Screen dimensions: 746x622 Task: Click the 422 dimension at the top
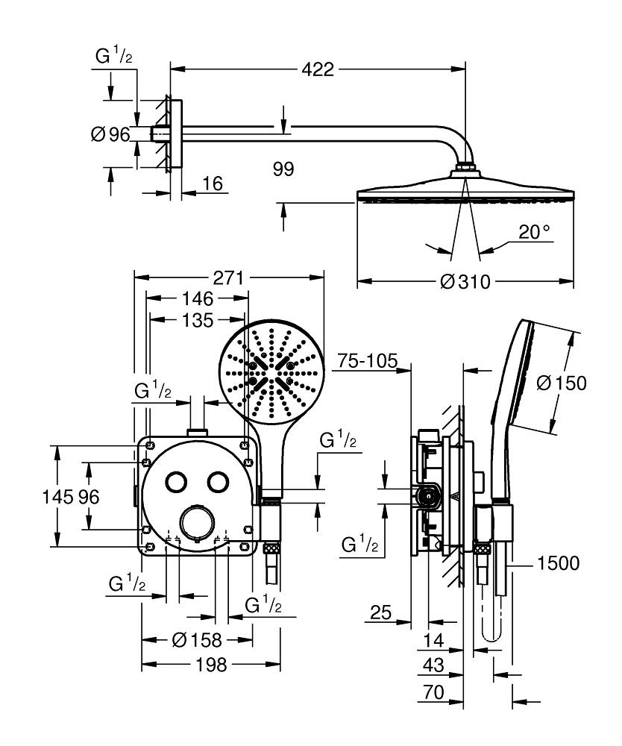[x=318, y=69]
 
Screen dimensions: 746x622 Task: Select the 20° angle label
[x=534, y=232]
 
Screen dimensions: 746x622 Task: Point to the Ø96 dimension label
[x=110, y=134]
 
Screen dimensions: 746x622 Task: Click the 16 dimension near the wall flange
[x=213, y=184]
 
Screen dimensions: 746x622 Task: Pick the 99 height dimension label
[x=283, y=169]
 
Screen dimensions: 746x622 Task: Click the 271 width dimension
[x=228, y=278]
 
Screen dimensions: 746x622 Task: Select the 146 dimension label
[x=198, y=299]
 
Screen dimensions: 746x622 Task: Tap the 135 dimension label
[x=198, y=321]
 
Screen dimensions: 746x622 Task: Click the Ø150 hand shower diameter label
[x=562, y=383]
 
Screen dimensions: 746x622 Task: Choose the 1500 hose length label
[x=558, y=563]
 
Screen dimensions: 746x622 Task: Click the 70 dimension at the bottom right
[x=433, y=692]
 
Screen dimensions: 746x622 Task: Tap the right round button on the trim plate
[x=218, y=482]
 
